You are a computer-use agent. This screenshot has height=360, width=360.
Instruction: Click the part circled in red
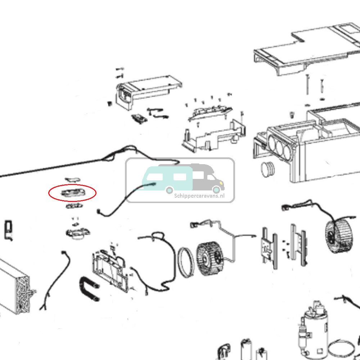[x=72, y=193]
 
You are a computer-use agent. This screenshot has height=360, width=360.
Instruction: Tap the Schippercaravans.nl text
[x=199, y=196]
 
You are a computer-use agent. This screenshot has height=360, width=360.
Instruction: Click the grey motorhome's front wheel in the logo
[x=216, y=190]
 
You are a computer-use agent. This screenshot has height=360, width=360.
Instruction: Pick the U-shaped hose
[x=89, y=288]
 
